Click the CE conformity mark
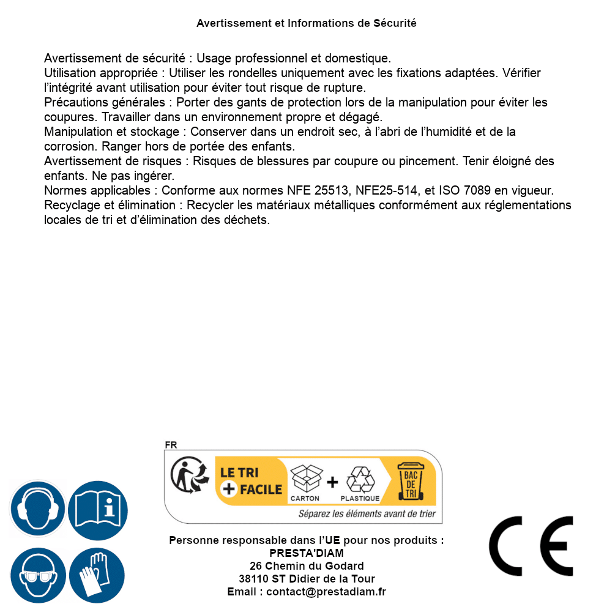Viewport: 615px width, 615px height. [531, 546]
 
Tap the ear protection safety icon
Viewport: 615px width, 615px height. [37, 509]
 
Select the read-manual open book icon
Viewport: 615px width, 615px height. [98, 509]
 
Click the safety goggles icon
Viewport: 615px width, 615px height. [37, 576]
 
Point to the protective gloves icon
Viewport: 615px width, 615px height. [97, 576]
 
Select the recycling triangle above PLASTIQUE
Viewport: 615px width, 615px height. [360, 479]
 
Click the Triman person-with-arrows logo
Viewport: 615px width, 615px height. [187, 477]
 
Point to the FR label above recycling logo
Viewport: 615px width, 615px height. [171, 445]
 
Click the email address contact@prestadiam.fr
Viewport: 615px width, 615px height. [326, 592]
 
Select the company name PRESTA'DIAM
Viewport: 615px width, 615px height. [307, 553]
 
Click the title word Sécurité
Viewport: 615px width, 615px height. [395, 23]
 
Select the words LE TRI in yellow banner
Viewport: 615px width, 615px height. [239, 473]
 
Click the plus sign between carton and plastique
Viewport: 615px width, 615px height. [332, 483]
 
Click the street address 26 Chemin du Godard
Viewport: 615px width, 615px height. [307, 566]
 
